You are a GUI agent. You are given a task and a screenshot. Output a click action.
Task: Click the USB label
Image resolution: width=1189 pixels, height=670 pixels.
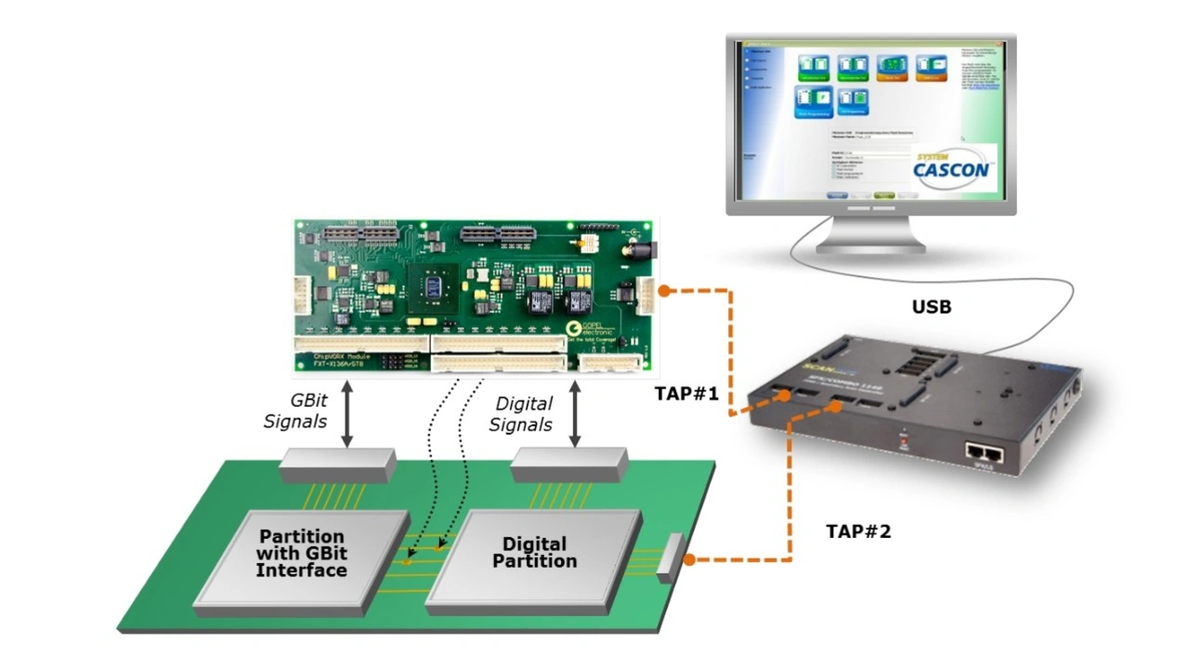[x=932, y=306]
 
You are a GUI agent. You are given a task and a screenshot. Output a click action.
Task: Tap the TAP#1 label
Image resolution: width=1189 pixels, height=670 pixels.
[x=686, y=393]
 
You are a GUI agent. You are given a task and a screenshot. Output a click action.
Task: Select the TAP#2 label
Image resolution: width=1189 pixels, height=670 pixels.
[x=858, y=532]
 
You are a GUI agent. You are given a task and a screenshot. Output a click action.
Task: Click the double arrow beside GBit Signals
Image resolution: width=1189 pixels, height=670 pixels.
[x=346, y=412]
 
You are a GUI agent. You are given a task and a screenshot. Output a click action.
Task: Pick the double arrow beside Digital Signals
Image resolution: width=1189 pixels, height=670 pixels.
[x=575, y=412]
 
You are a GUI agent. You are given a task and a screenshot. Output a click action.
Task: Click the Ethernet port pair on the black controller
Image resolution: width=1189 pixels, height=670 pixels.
[x=985, y=453]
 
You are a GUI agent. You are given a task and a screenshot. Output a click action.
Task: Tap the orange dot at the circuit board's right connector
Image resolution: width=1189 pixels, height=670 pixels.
[x=664, y=291]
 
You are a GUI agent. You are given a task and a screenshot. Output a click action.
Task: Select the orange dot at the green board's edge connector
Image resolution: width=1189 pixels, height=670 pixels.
[x=690, y=559]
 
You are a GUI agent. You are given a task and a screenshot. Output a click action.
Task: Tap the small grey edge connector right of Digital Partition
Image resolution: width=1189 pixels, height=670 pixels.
[x=669, y=558]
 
